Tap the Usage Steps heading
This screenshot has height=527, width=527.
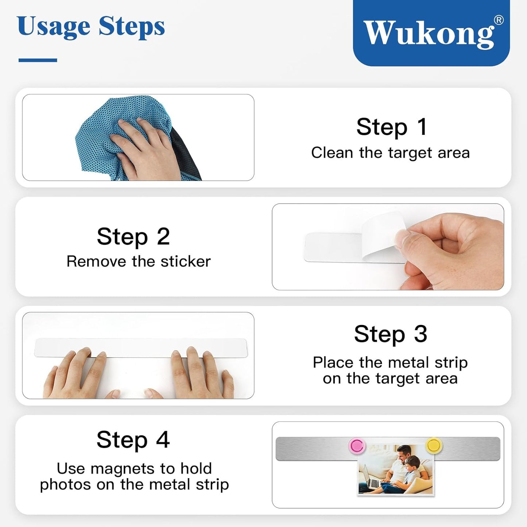[x=91, y=27]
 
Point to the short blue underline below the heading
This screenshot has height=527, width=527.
[x=38, y=60]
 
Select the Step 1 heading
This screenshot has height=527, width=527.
[x=391, y=127]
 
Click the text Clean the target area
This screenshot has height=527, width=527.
[x=390, y=153]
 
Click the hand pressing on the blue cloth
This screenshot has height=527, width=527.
[x=146, y=146]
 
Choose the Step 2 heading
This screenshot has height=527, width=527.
[x=133, y=236]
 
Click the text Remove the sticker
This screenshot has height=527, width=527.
[x=139, y=261]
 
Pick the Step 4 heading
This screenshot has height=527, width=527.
[x=133, y=440]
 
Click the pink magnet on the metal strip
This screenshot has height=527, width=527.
[x=357, y=446]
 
